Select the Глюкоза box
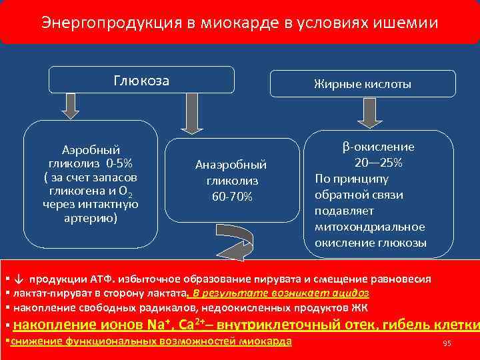[141, 81]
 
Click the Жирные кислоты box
[363, 84]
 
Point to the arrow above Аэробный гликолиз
[71, 105]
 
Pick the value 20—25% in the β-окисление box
[378, 163]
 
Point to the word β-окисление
[379, 147]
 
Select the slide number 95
[447, 343]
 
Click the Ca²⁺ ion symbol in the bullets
[193, 325]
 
